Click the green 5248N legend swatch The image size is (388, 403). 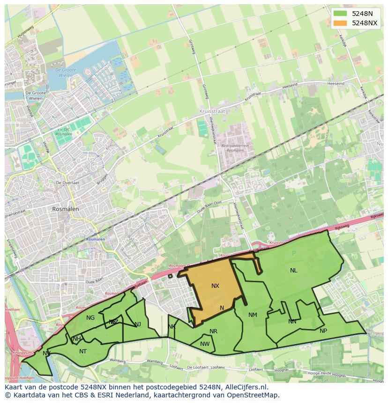tap(340, 14)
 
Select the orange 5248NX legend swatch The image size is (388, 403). tap(340, 23)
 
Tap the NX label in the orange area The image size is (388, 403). tap(215, 286)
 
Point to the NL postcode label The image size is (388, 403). tap(293, 271)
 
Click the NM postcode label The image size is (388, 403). tap(253, 315)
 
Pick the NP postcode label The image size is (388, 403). tap(323, 331)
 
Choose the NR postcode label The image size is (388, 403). tap(213, 331)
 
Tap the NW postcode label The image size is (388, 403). tap(205, 344)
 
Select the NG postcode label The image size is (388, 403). tap(90, 318)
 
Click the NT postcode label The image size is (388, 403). tap(83, 352)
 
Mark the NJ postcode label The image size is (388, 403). tap(137, 324)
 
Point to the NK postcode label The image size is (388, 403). tap(172, 327)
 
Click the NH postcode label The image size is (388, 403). tap(77, 339)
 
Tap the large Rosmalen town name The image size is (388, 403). tap(66, 209)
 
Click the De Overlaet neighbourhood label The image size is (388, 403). tap(67, 183)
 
